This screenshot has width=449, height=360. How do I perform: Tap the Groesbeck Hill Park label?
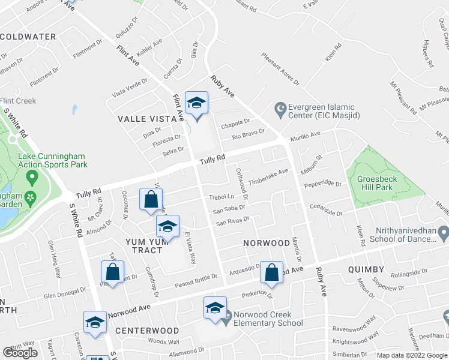(x=382, y=183)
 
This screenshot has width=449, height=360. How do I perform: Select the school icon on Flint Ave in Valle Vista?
(x=196, y=104)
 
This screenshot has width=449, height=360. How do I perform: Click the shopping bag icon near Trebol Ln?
(x=151, y=200)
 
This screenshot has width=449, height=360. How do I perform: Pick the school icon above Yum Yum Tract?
(x=168, y=227)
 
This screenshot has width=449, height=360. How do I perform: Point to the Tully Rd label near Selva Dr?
(x=212, y=160)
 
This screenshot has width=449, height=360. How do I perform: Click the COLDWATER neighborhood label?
(x=28, y=37)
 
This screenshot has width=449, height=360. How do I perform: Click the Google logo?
(x=20, y=352)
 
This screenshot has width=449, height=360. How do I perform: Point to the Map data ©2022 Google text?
(x=411, y=355)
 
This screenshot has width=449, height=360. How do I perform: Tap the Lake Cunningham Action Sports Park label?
(x=53, y=160)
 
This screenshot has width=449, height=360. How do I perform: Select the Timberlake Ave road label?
(x=269, y=176)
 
